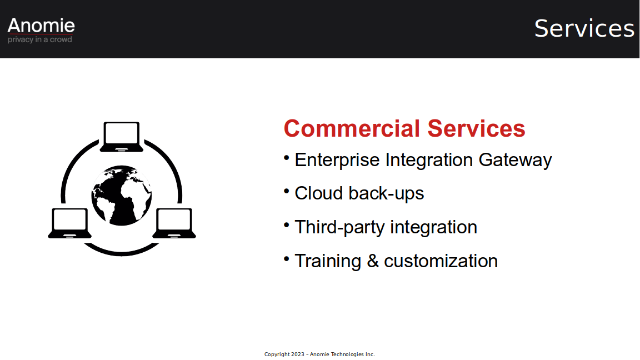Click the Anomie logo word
[41, 26]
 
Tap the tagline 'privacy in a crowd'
[39, 39]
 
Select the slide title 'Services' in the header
[584, 28]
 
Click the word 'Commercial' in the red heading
[352, 128]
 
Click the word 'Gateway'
[515, 160]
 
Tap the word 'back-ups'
[386, 193]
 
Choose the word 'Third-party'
[339, 227]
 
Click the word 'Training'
[328, 261]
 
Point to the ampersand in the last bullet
[373, 261]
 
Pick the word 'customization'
[441, 261]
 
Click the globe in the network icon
[122, 196]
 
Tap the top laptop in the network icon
[122, 137]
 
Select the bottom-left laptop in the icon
[70, 223]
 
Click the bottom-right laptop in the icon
[174, 223]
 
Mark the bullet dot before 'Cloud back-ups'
[287, 191]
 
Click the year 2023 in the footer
[298, 354]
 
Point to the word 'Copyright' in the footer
[277, 354]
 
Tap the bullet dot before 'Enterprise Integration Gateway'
[287, 157]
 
